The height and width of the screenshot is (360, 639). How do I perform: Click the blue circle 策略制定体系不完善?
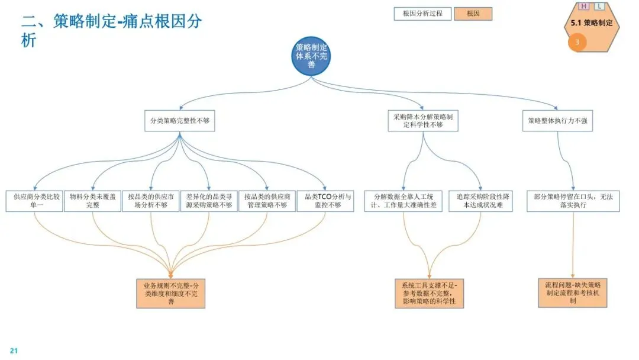click(x=311, y=56)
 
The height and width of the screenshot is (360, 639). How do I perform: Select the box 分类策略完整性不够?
click(x=180, y=121)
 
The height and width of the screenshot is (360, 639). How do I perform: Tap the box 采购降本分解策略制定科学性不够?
click(x=423, y=121)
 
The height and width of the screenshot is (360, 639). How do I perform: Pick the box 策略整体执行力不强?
click(x=557, y=121)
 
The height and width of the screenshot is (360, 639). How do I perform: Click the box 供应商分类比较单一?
click(x=35, y=201)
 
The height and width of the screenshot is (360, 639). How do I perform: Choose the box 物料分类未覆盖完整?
click(x=93, y=201)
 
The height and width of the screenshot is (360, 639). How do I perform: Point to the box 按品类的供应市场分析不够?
click(x=151, y=201)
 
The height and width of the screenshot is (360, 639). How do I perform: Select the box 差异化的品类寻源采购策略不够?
click(x=209, y=201)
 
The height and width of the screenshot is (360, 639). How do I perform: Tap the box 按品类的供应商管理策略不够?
click(x=267, y=201)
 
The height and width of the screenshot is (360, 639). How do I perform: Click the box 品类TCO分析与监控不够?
click(x=325, y=201)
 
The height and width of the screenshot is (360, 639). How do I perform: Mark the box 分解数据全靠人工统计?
click(x=404, y=201)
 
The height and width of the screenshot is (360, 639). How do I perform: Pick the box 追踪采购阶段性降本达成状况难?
click(x=481, y=201)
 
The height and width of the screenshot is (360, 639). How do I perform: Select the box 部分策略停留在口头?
click(x=573, y=201)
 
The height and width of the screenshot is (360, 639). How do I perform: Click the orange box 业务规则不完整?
click(x=171, y=294)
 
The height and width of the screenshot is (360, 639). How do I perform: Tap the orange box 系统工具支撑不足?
click(x=429, y=294)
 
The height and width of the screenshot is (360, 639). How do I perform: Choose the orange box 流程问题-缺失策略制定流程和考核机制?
click(x=573, y=292)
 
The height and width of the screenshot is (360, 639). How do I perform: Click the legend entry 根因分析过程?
click(x=422, y=14)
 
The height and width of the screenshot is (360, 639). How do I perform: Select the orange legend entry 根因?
click(x=473, y=14)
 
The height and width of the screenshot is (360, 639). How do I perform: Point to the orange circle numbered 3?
click(x=577, y=42)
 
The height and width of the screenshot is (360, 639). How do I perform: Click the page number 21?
click(x=14, y=351)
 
